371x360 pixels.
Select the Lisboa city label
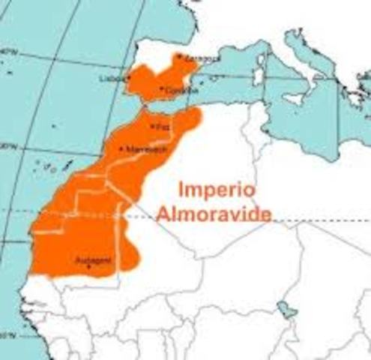(110, 78)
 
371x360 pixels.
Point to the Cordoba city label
(180, 91)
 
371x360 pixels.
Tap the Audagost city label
(94, 260)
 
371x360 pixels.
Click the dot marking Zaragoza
(179, 56)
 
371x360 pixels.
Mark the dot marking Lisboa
(126, 78)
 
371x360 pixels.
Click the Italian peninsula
(304, 60)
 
